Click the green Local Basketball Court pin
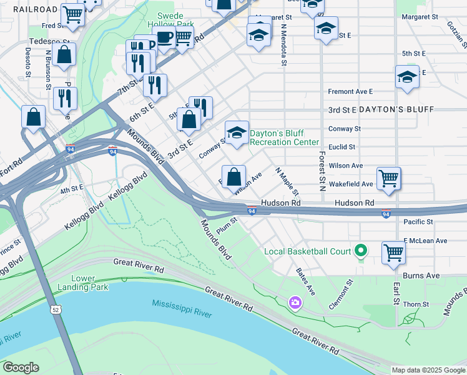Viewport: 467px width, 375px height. tap(360, 251)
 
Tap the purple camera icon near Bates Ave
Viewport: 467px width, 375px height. tap(295, 303)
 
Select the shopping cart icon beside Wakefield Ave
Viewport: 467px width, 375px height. tap(388, 178)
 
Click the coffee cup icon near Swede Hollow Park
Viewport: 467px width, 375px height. tap(164, 38)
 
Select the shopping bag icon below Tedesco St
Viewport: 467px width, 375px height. tap(64, 54)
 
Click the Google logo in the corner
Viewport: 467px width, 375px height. tap(20, 367)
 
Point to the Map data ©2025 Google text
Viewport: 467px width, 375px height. tap(428, 370)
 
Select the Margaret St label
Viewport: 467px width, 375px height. tap(418, 17)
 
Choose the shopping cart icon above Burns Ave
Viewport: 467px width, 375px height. tap(393, 253)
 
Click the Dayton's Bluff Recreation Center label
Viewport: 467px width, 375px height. tap(285, 137)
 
